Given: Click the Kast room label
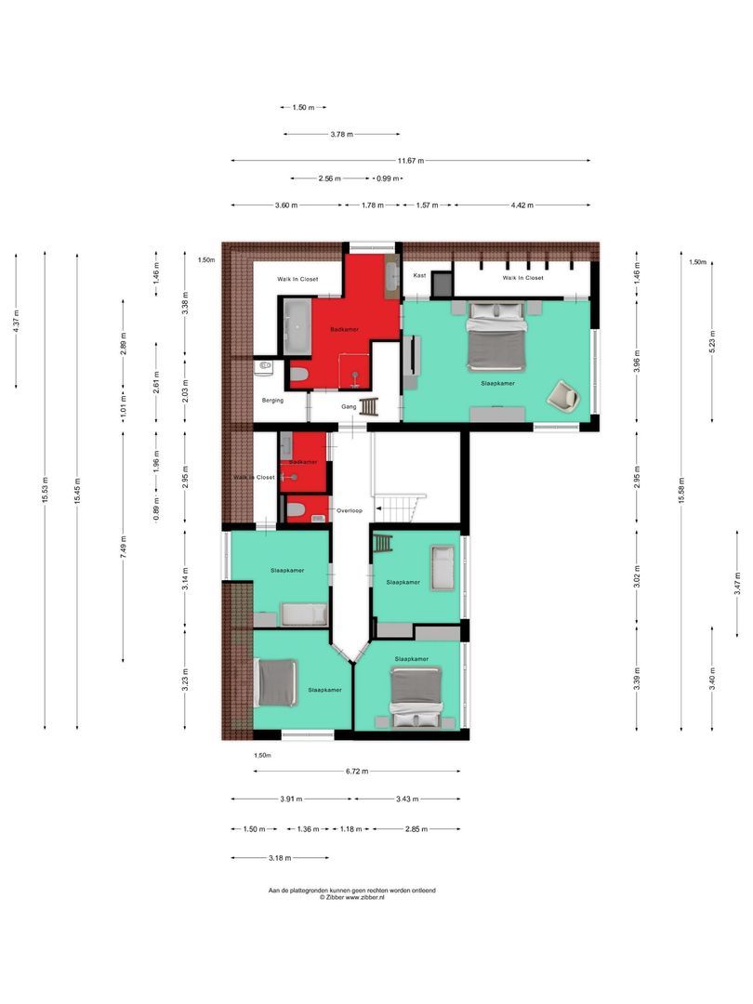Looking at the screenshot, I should coord(419,275).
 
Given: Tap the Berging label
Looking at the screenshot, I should coord(272,401).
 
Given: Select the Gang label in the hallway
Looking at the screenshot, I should coord(349,406).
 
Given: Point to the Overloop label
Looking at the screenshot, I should coord(349,510).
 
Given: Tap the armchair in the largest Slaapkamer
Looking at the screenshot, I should coord(562,395).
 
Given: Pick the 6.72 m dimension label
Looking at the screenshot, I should coord(356,771).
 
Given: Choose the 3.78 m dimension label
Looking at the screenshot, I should coord(342,135).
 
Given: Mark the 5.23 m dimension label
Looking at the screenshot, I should coord(712,342).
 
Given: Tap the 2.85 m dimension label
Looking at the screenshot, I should coord(416,828).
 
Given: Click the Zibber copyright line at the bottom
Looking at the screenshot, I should coord(351,898).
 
